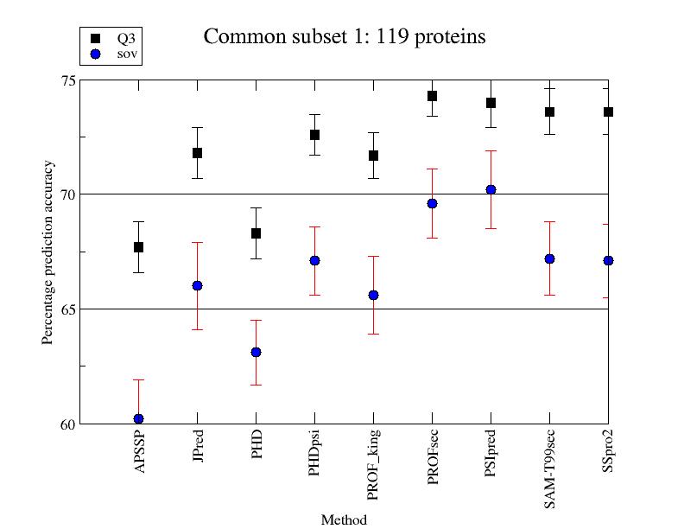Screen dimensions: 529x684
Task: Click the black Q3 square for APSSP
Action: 138,247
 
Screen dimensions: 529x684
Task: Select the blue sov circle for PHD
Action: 256,352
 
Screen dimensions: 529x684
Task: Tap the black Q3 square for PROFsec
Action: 432,96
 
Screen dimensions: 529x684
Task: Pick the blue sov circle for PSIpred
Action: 491,189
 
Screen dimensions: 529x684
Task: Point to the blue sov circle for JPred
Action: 197,285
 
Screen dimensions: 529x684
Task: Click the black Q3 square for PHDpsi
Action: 314,135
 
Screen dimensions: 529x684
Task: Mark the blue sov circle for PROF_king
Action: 373,295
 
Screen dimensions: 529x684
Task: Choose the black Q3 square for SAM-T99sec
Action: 549,112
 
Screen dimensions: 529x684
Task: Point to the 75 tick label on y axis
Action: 66,80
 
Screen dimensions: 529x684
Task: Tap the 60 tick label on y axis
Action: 66,424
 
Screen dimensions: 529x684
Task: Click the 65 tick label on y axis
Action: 66,309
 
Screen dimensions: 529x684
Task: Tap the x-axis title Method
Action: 344,520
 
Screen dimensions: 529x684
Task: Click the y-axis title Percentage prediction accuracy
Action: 47,252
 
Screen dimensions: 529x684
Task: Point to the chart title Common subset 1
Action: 344,36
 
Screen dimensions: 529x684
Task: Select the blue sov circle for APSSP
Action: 138,418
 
